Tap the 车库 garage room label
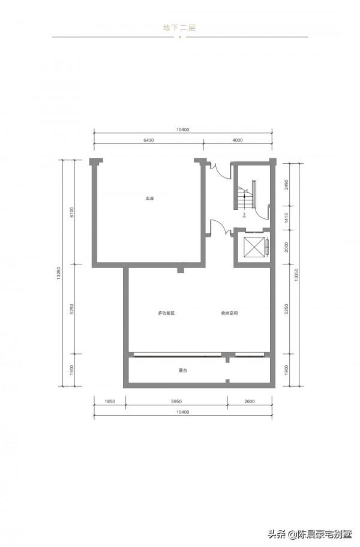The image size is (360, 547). (x=149, y=199)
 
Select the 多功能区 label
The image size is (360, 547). (x=166, y=313)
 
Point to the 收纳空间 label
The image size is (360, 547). (x=229, y=313)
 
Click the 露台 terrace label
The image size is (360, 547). (x=183, y=370)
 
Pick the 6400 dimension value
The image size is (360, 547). (x=148, y=140)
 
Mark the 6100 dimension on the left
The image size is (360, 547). (x=72, y=212)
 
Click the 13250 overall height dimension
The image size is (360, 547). (x=59, y=273)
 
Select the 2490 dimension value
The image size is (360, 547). (x=287, y=185)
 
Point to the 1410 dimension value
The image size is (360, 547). (x=287, y=218)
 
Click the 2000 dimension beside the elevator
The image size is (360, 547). (x=287, y=247)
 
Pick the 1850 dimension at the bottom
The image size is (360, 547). (x=110, y=401)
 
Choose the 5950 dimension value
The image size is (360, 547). (x=177, y=401)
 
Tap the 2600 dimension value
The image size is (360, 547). (x=250, y=401)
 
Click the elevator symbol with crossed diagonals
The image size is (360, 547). (x=252, y=247)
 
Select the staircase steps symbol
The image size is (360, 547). (x=245, y=197)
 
